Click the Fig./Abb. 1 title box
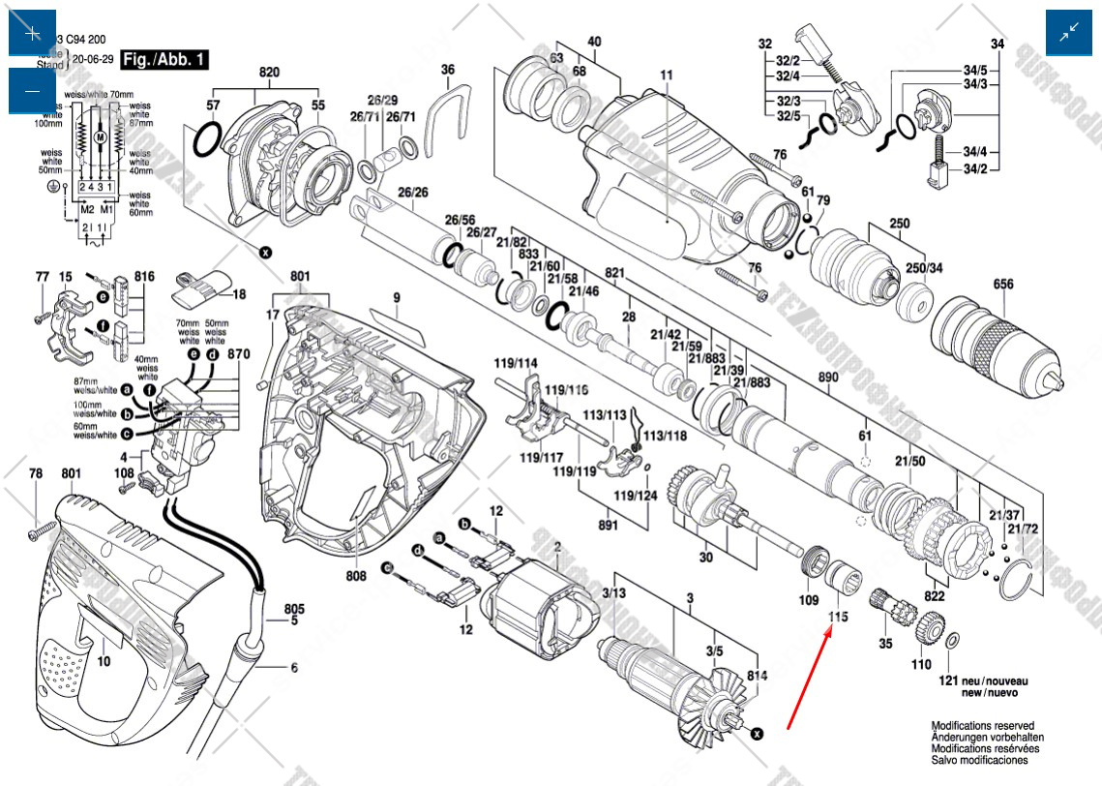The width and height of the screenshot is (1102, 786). click(165, 60)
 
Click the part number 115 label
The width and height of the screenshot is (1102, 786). click(838, 616)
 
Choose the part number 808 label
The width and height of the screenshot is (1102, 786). click(356, 576)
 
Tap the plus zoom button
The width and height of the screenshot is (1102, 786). click(32, 33)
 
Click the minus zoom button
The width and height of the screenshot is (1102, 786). click(32, 91)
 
